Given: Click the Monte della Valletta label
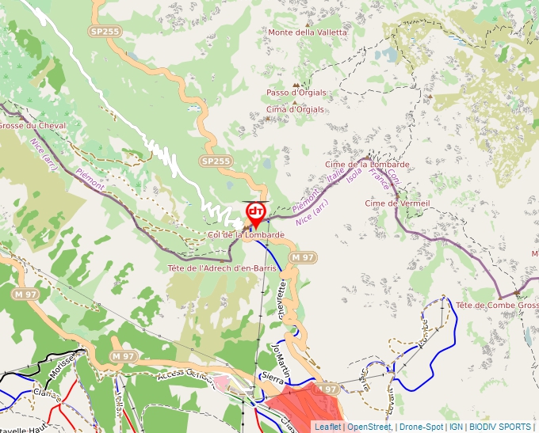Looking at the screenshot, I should (308, 32).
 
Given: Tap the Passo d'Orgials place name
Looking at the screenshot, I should (296, 93).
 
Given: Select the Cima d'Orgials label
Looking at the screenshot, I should (296, 109).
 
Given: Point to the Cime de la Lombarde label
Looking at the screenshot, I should (367, 165).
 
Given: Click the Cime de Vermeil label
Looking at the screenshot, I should (397, 203).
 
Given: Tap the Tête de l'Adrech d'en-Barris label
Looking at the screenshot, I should (222, 268).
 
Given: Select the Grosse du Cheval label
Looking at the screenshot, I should (32, 126).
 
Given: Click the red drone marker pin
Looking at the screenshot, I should (255, 214).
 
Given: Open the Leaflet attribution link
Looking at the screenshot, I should (327, 427).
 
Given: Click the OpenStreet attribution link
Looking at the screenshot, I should (369, 427).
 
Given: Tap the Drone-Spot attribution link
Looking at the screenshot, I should (421, 427).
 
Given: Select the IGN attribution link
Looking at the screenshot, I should (457, 427).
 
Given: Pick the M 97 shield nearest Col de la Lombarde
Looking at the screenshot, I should (303, 257).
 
